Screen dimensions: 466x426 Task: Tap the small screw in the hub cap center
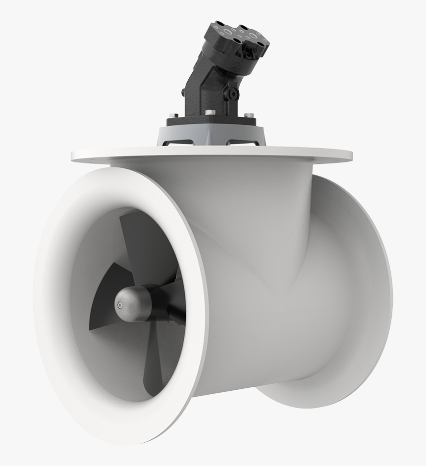click(119, 304)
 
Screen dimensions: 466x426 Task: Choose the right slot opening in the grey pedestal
click(243, 143)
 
